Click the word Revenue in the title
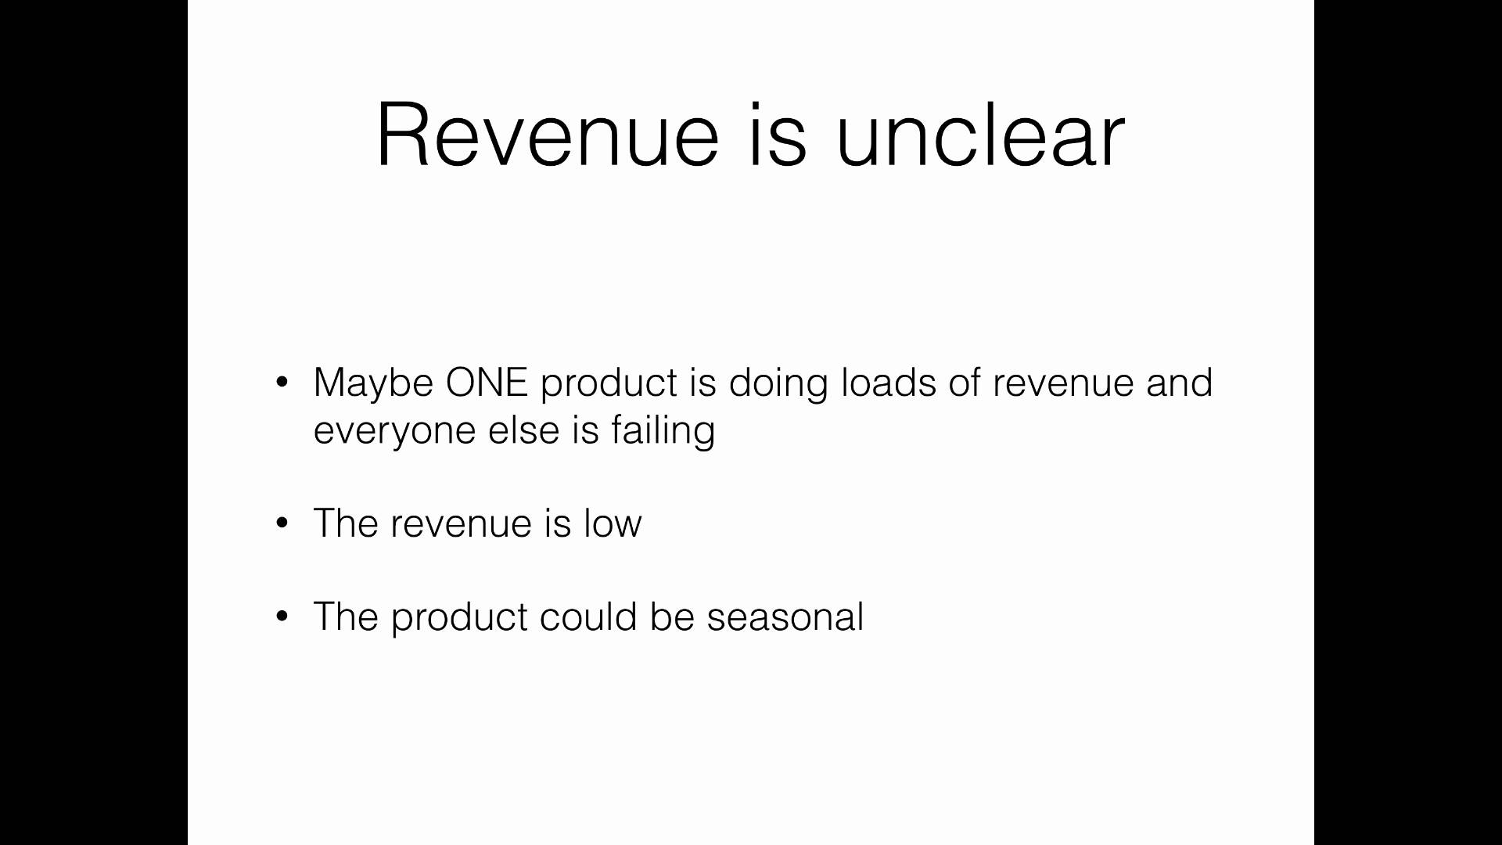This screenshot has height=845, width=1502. (x=547, y=135)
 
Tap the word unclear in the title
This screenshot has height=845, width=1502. (x=980, y=135)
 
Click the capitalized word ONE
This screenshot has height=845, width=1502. (x=487, y=383)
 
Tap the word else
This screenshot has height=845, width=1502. (x=523, y=430)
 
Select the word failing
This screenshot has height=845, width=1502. (x=663, y=431)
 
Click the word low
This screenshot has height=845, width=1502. (x=613, y=523)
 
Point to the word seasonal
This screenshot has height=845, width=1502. (x=785, y=617)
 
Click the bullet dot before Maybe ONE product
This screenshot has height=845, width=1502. (x=282, y=383)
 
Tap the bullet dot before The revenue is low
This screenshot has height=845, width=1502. (x=282, y=523)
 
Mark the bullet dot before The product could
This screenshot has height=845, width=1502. (x=282, y=617)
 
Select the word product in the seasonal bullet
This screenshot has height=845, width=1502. (x=459, y=618)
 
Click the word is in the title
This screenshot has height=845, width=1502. (x=777, y=135)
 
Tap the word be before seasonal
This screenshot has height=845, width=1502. (x=672, y=617)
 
